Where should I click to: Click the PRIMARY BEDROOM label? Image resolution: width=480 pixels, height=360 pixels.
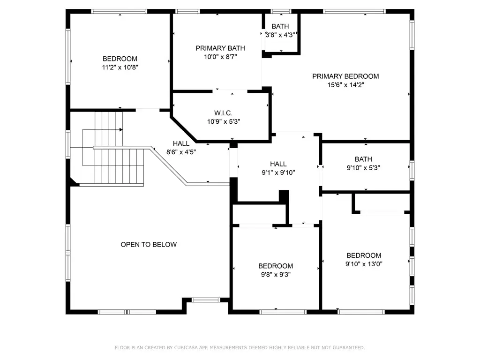345,76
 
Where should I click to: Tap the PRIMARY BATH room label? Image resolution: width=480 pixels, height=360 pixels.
220,48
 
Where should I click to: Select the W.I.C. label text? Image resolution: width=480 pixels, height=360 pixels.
223,113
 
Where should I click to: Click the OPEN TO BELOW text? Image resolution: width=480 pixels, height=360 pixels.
149,245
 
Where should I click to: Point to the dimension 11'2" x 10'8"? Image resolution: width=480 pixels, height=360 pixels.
120,67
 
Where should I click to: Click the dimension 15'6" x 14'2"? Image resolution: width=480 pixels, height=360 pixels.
345,85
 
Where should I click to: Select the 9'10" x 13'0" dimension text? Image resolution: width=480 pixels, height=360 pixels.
364,264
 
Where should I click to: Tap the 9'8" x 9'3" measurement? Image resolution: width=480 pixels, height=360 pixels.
276,275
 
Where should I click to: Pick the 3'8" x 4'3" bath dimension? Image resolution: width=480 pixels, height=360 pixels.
280,35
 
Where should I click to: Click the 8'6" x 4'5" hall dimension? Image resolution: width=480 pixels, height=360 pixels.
181,152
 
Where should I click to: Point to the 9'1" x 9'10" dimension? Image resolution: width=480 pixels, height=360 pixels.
278,172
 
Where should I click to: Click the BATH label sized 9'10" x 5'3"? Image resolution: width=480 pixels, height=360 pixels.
363,159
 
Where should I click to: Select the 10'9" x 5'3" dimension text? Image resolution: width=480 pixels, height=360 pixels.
224,121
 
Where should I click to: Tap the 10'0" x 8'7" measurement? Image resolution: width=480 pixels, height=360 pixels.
220,57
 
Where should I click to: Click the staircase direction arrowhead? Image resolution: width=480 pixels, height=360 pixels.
121,130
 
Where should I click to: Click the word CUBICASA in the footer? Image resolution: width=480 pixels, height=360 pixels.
187,348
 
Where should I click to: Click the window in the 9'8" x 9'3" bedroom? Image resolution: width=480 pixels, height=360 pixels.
283,312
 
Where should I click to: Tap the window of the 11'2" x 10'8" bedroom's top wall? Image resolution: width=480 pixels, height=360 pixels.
119,11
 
